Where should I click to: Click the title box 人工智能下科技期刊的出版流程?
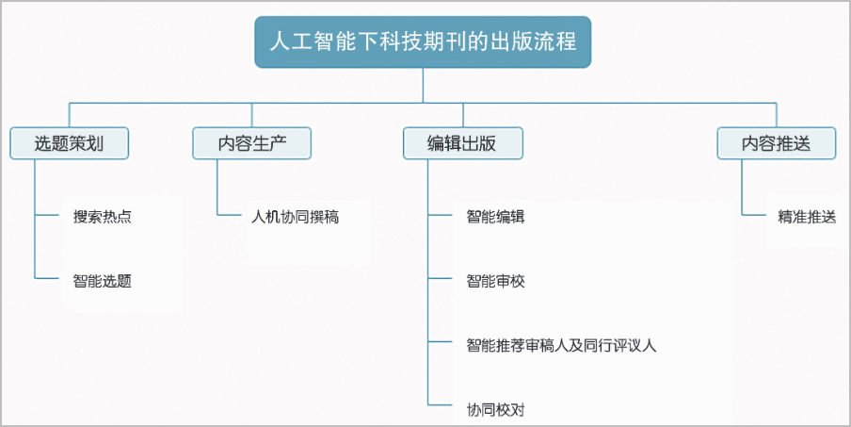[423, 41]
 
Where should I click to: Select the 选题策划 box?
[69, 143]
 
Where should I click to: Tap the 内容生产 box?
[252, 143]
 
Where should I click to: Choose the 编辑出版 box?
[463, 143]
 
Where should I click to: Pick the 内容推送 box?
[776, 143]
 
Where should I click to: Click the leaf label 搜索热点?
[102, 217]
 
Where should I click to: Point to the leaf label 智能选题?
[102, 281]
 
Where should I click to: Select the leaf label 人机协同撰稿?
[295, 217]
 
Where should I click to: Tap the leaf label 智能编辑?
[495, 217]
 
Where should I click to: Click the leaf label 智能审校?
[495, 281]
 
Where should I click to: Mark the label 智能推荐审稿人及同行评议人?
[561, 345]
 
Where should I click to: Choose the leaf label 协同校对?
[495, 409]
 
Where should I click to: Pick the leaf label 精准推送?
[807, 217]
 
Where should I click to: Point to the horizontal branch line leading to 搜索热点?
[47, 215]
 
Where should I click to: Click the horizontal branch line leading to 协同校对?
[440, 404]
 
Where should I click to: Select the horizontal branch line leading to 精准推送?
[754, 215]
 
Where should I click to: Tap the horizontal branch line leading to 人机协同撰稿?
[229, 215]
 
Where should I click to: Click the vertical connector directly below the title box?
[423, 85]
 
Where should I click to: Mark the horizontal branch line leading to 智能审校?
[440, 278]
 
